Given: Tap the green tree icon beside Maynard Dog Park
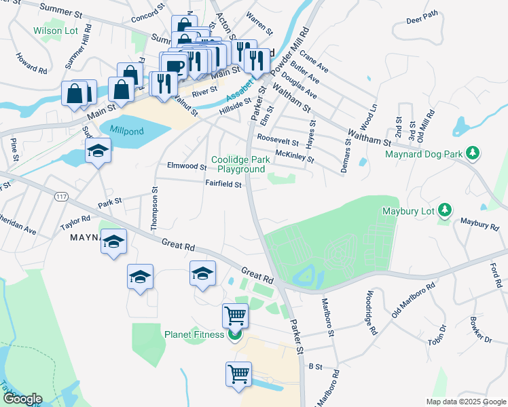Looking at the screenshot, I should click(475, 154).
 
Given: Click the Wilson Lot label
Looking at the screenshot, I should click(56, 31).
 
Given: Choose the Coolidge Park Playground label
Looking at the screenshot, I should click(236, 163).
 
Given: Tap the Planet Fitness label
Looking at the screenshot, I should click(195, 334).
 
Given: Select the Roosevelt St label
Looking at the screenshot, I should click(278, 140).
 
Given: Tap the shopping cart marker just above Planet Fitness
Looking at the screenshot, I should click(235, 315).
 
